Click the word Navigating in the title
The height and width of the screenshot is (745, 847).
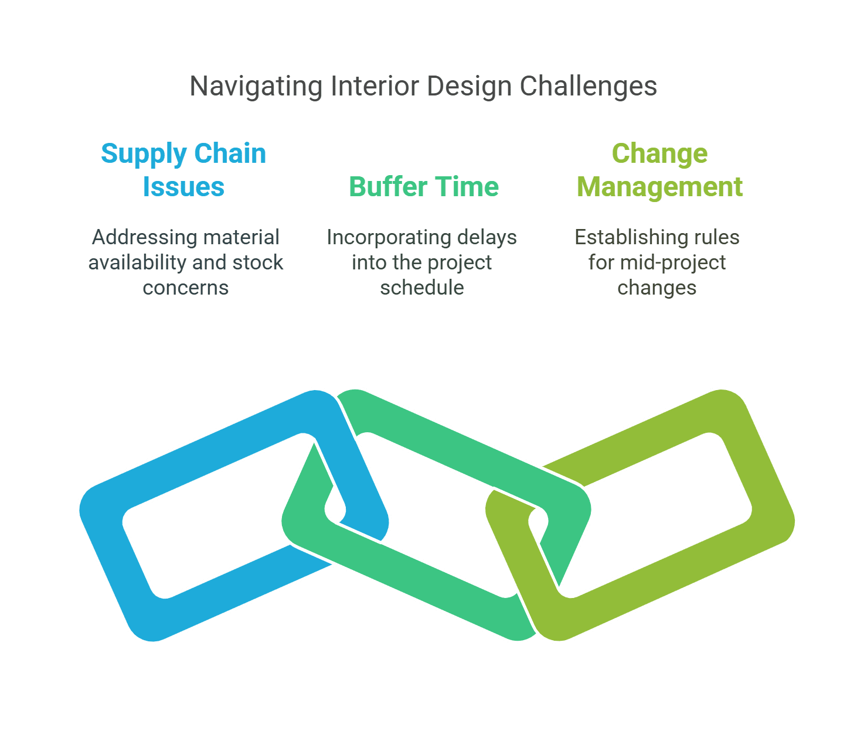tap(256, 87)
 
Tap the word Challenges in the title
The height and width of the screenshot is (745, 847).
tap(588, 86)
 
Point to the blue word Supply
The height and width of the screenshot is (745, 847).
tap(144, 154)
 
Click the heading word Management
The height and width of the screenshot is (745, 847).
tap(659, 187)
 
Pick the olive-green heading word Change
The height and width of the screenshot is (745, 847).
tap(659, 153)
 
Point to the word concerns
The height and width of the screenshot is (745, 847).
tap(186, 288)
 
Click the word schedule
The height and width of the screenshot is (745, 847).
tap(422, 288)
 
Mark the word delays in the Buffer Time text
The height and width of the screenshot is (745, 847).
tap(487, 237)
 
